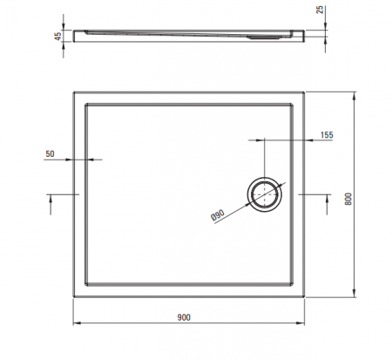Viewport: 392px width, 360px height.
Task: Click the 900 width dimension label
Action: tap(184, 317)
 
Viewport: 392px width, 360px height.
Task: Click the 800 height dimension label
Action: tap(348, 199)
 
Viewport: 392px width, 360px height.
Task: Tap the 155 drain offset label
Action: tap(327, 135)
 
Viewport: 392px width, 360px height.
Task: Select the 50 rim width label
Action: tap(50, 153)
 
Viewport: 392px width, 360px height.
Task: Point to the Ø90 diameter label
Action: tap(218, 215)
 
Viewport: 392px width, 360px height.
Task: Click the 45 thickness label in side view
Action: tap(58, 36)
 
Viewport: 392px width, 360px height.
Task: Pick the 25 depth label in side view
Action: tap(320, 10)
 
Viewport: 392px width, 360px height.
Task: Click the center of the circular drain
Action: tap(265, 194)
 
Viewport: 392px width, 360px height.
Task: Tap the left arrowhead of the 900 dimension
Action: tap(76, 323)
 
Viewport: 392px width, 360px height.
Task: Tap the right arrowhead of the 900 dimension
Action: tap(301, 323)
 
